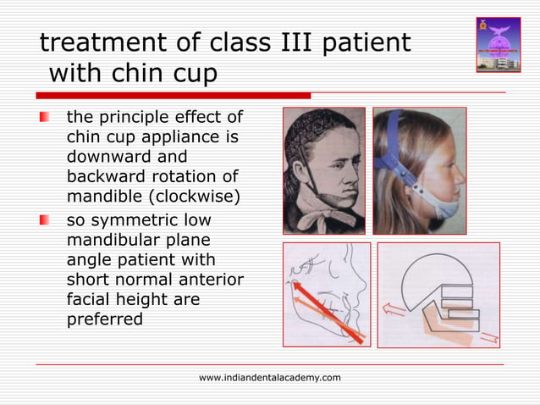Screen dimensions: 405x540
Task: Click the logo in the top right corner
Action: click(x=499, y=44)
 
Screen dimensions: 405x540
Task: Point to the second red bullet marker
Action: click(x=45, y=222)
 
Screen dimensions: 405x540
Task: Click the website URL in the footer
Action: click(x=270, y=377)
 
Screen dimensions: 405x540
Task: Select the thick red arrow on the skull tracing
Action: click(x=325, y=310)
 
